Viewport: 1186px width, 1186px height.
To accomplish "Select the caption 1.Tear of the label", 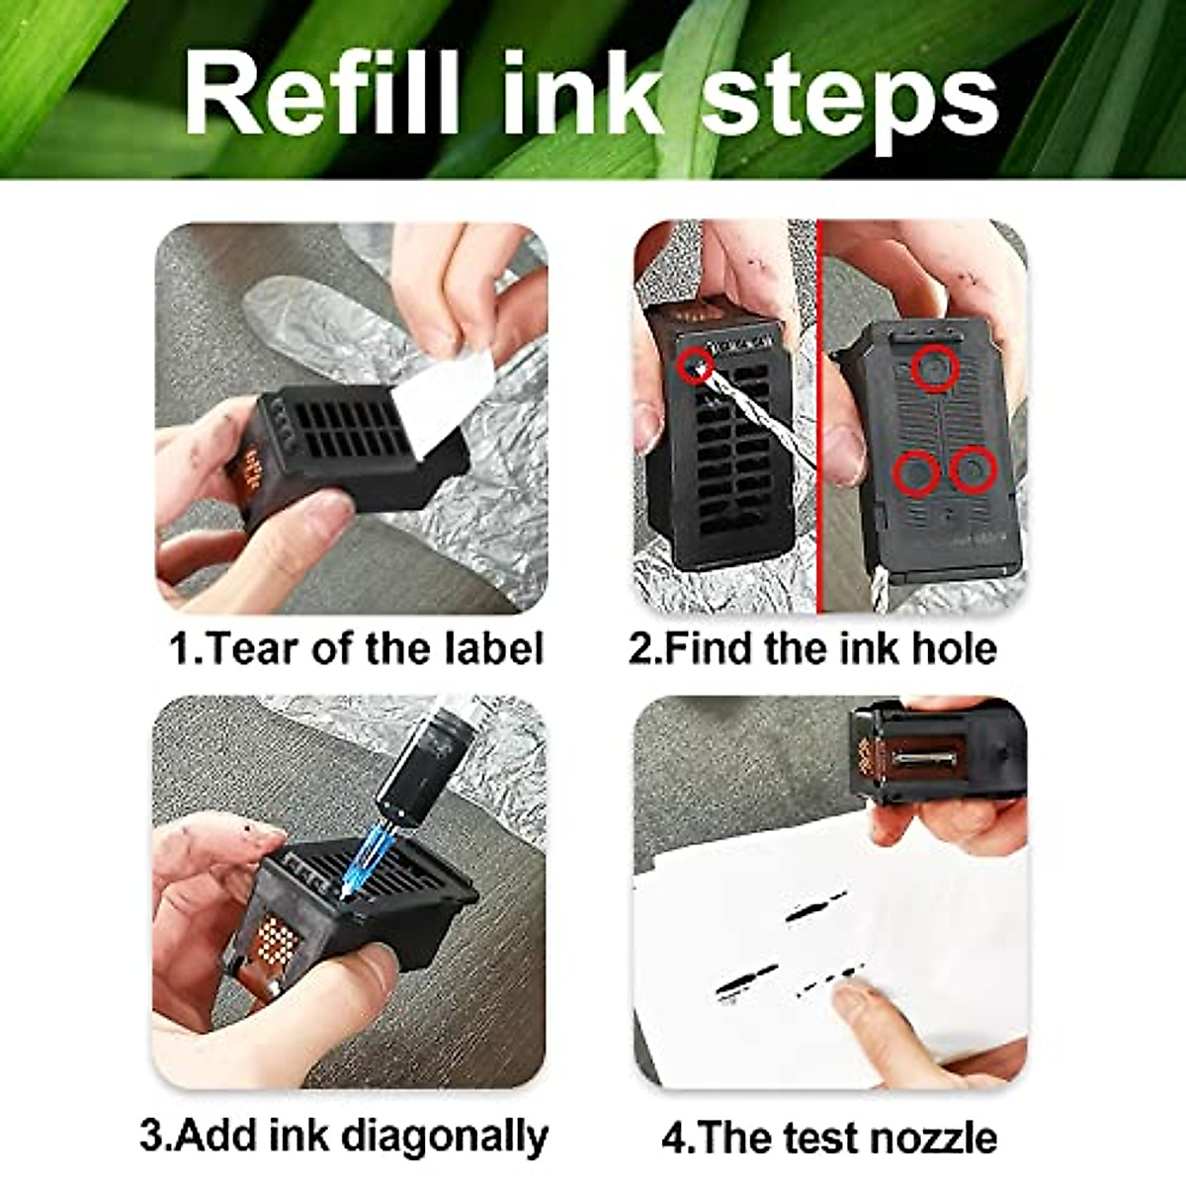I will pyautogui.click(x=356, y=649).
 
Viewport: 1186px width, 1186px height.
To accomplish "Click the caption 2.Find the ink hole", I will pyautogui.click(x=812, y=649).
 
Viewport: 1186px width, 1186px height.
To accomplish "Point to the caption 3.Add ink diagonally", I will pyautogui.click(x=344, y=1135).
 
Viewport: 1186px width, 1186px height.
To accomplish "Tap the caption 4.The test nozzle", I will pyautogui.click(x=828, y=1137).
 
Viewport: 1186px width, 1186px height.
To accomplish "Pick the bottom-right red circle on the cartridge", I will pyautogui.click(x=974, y=470).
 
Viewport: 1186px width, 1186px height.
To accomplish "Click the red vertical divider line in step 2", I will pyautogui.click(x=819, y=415).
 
